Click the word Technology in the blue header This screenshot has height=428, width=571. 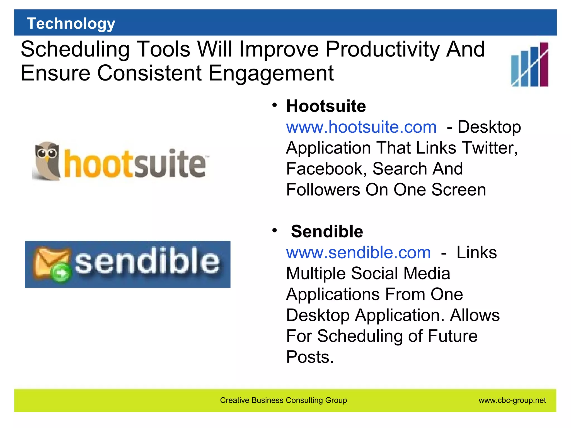[71, 23]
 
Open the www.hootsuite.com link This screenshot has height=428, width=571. [361, 127]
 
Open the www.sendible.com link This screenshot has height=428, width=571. [358, 253]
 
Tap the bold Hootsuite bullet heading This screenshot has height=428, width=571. [326, 106]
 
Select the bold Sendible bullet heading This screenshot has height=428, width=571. [327, 232]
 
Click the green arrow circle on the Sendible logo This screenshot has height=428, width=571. [61, 273]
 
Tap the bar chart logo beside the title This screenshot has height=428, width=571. [529, 65]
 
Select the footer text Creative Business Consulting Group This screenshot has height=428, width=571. [283, 400]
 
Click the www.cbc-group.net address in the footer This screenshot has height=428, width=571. [512, 400]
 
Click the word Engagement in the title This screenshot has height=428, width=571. [271, 73]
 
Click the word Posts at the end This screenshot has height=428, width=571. [309, 357]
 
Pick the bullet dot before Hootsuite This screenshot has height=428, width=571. [275, 105]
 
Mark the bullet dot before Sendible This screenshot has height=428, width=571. [275, 230]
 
